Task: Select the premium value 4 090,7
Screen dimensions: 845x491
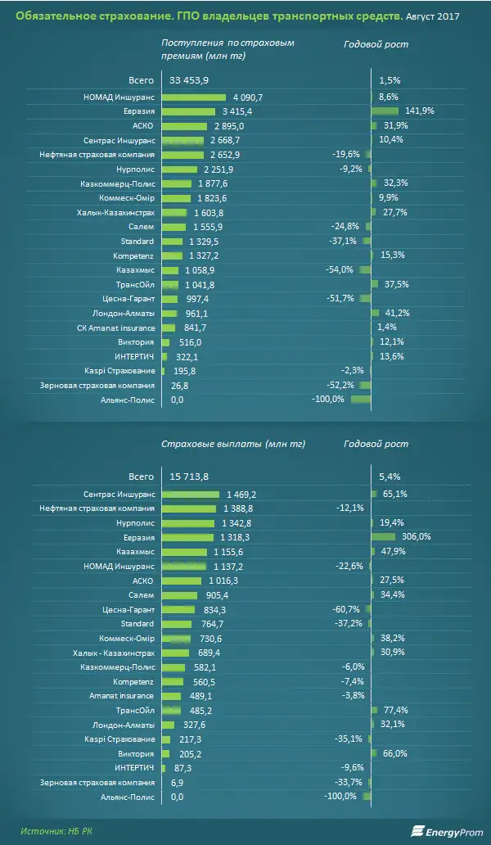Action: (250, 97)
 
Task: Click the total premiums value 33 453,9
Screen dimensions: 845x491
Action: (190, 80)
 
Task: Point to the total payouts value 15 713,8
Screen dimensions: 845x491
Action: (190, 477)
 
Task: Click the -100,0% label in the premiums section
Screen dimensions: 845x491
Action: (328, 400)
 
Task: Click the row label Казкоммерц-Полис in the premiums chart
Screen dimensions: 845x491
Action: (115, 183)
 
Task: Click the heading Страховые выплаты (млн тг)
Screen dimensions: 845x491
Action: (232, 444)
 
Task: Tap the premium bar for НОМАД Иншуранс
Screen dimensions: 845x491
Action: (193, 97)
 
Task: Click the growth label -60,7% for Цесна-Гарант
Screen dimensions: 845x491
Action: (347, 609)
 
